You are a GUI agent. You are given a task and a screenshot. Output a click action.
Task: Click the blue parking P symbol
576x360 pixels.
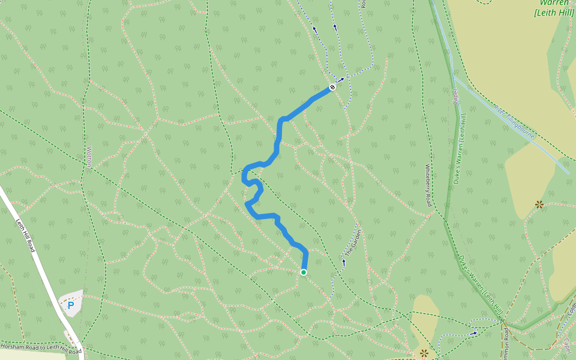click(x=71, y=305)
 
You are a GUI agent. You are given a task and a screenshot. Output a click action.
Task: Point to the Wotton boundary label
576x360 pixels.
click(x=89, y=157)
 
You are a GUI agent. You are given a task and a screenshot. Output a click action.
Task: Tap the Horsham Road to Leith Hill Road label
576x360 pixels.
click(x=41, y=348)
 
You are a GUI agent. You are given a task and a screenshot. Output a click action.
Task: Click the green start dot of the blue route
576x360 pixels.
click(x=304, y=272)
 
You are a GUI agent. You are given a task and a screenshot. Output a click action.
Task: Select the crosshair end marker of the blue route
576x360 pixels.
click(x=332, y=88)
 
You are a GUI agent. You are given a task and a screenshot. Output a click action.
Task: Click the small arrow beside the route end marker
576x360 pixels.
click(x=342, y=79)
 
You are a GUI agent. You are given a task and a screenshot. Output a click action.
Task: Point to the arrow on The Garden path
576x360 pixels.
click(x=344, y=262)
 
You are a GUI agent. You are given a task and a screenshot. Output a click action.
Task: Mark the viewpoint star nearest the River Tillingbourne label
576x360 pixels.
click(x=539, y=205)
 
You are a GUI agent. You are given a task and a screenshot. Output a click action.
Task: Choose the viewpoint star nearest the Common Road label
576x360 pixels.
click(x=425, y=353)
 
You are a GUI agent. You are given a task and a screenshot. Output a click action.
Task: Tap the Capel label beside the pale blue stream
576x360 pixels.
click(x=455, y=96)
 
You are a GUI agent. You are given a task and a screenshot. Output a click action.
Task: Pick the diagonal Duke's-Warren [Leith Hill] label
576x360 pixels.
click(x=480, y=285)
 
